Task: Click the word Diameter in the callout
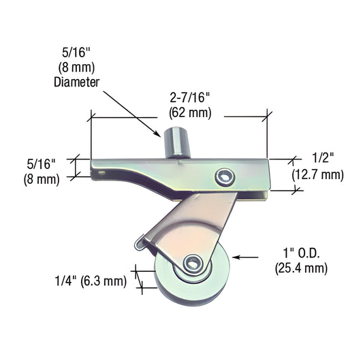tap(76, 81)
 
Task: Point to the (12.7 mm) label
tap(318, 175)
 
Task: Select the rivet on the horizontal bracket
tap(222, 177)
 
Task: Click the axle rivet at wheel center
tap(193, 264)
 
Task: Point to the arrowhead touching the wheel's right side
tap(236, 257)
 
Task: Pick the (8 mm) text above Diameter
tap(76, 67)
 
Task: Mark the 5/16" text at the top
tap(76, 52)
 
